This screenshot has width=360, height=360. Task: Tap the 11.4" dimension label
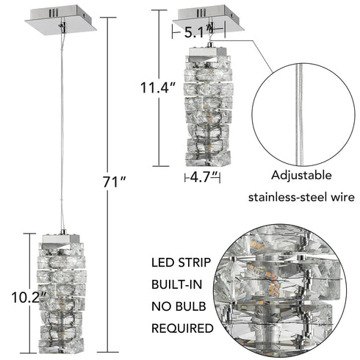[157, 89]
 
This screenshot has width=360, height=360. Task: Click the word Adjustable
[302, 176]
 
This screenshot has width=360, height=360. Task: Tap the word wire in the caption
[336, 197]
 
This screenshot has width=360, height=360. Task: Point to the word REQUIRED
[182, 328]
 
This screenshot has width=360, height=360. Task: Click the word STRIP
[195, 262]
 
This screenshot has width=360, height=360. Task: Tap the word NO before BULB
[162, 306]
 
